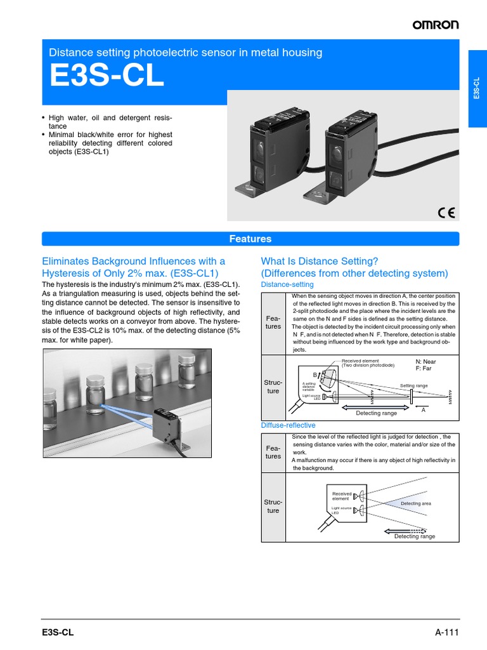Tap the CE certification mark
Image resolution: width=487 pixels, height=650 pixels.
[446, 212]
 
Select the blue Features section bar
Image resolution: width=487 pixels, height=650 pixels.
[250, 239]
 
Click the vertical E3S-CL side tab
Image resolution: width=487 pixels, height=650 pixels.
[477, 89]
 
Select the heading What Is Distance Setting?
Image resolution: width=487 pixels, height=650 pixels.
[320, 261]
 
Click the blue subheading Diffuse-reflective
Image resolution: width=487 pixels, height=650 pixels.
[288, 425]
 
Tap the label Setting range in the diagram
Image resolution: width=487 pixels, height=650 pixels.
[415, 386]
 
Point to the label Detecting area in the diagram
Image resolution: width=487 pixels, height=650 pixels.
[415, 503]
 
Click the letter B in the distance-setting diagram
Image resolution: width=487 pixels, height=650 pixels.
[315, 375]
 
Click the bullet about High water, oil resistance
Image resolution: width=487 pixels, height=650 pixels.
[108, 122]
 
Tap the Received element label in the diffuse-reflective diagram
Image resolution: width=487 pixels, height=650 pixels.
[341, 496]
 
